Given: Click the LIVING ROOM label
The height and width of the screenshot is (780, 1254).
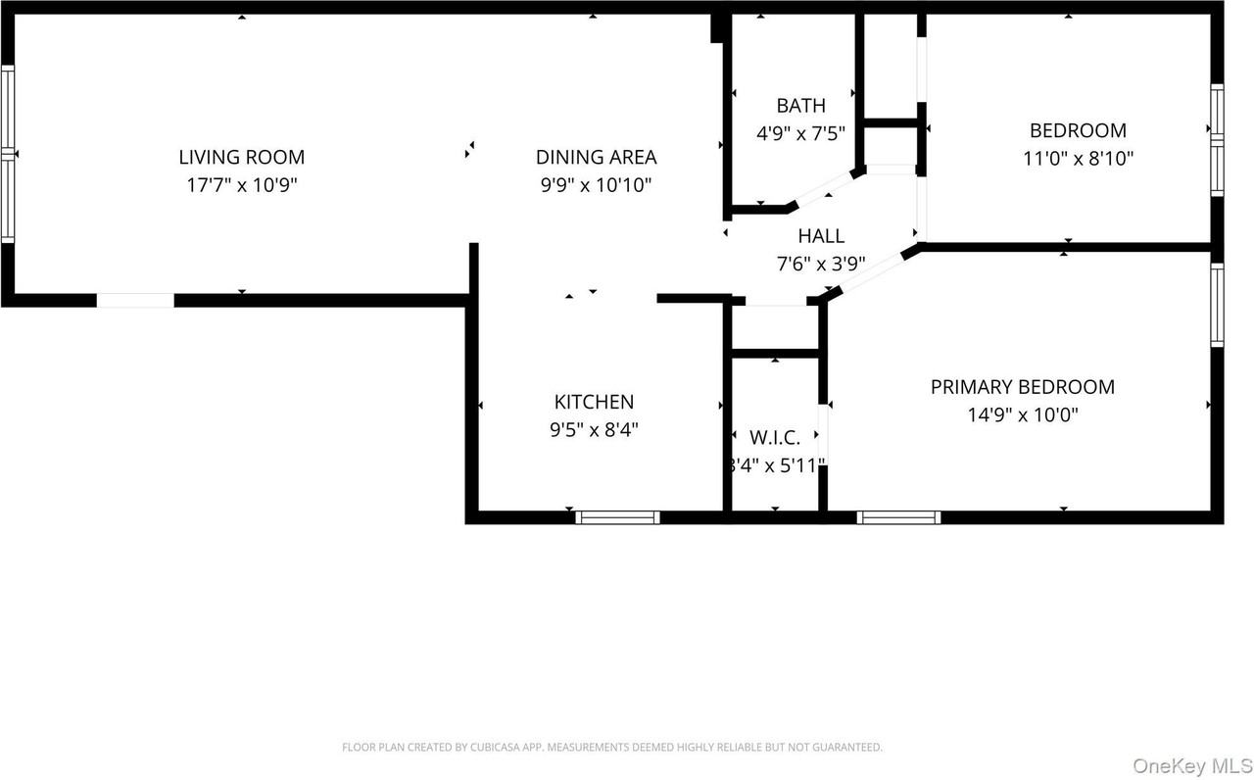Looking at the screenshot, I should coord(241,157).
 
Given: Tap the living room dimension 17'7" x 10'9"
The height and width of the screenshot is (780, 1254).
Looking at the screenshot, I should coord(241,184).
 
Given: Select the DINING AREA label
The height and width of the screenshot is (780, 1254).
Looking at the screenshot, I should coord(596,157).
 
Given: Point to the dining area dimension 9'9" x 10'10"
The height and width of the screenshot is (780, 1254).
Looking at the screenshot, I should coord(596,184).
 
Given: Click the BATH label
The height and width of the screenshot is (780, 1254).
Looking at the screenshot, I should coord(800,106).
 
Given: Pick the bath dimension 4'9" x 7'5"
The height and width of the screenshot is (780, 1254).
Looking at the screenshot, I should coord(800,132).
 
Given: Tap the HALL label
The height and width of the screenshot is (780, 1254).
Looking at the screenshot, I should coord(820,236).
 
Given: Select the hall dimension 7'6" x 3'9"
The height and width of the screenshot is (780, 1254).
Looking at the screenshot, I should coord(820,263).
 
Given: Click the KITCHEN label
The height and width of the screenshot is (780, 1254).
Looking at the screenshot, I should coord(594,402).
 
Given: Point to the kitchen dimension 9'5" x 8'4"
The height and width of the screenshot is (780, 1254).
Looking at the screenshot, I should coord(594,428).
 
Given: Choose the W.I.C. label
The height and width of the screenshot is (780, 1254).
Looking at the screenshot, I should coord(775,437).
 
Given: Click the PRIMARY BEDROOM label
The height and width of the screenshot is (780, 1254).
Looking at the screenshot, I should coord(1022,387).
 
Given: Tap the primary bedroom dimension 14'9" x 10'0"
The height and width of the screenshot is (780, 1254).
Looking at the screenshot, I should coord(1022,414).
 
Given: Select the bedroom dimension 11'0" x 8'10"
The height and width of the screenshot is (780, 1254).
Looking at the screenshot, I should coord(1078,158).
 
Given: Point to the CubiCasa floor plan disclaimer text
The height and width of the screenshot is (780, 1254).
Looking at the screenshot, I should coord(611,747).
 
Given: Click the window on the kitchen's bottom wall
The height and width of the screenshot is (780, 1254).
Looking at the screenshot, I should coord(617,517).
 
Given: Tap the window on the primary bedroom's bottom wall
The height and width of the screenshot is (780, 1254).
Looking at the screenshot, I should coord(898,517).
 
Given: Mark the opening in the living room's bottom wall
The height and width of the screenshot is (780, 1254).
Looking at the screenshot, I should coord(135,300).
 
